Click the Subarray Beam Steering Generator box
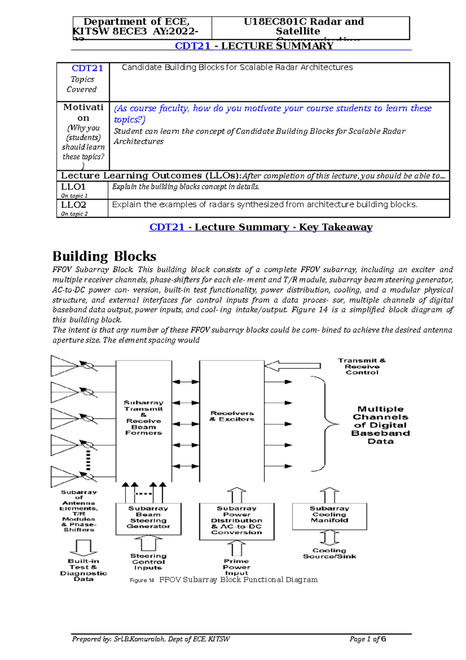(x=148, y=519)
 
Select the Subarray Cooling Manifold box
(x=329, y=516)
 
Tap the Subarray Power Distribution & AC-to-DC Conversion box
(x=236, y=521)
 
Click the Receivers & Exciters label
(x=232, y=416)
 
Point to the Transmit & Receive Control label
(x=362, y=366)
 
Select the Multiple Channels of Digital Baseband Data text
(x=380, y=425)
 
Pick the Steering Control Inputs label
(x=148, y=562)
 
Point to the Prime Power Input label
(x=236, y=567)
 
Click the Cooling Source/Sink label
(x=329, y=553)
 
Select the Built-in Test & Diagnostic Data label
(x=83, y=570)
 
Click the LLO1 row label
(x=73, y=187)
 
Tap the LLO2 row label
(x=74, y=204)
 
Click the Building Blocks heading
(x=104, y=256)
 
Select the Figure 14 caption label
(x=142, y=580)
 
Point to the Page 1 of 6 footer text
(x=367, y=639)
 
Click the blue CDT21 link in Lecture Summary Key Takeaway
(x=167, y=227)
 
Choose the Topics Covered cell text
(x=82, y=84)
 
